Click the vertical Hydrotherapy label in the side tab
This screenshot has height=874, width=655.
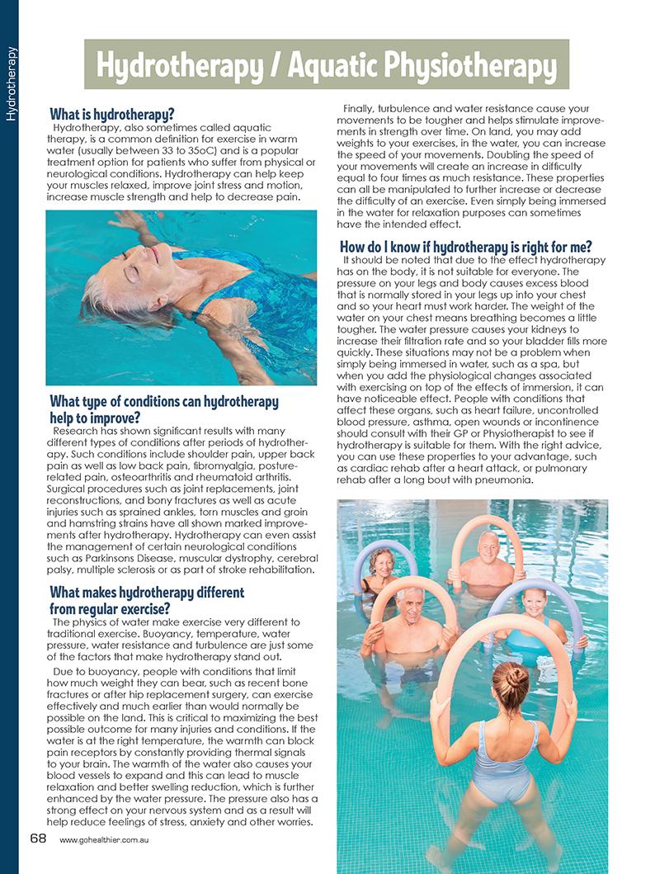tap(10, 83)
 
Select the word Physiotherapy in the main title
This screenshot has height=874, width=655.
tap(464, 64)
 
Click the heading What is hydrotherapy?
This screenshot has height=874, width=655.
tap(112, 113)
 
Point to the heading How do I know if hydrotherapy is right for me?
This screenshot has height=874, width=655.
tap(465, 246)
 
